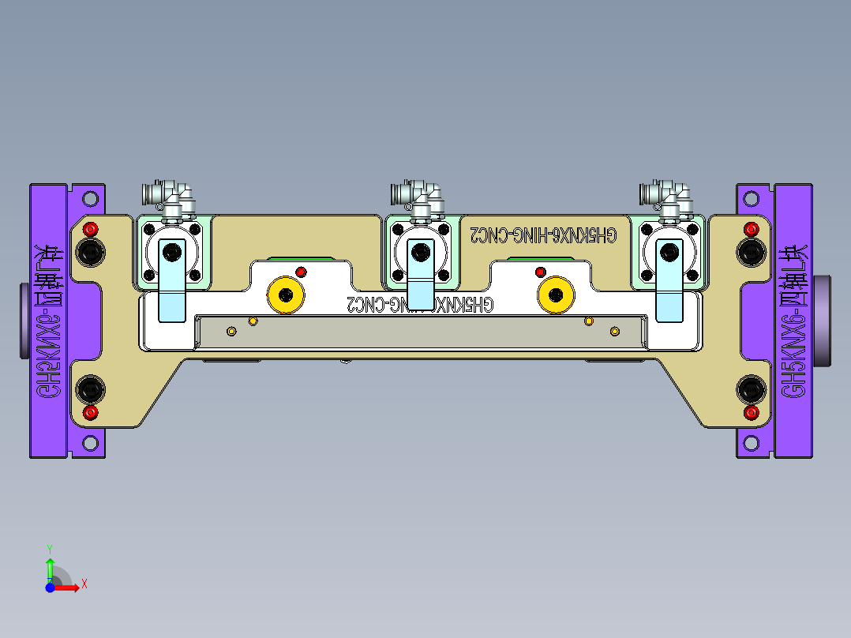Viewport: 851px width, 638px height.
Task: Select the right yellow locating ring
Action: point(555,295)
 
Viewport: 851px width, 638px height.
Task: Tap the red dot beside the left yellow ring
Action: point(300,272)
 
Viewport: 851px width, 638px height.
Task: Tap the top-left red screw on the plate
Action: point(91,230)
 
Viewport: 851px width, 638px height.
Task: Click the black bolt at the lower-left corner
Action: point(90,388)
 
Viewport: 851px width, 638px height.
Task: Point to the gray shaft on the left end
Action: point(24,321)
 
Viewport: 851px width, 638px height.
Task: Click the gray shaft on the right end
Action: point(824,319)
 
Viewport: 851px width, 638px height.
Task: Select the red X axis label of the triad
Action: point(84,584)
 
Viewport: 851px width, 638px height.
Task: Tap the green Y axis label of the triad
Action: point(49,547)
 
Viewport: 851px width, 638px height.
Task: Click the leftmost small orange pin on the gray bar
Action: point(231,330)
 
